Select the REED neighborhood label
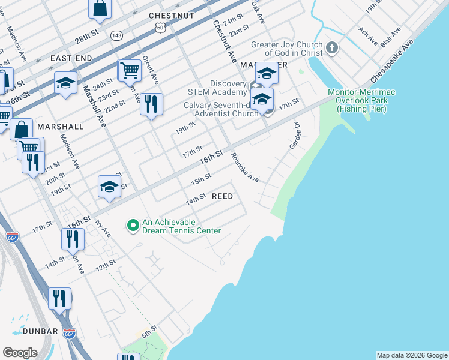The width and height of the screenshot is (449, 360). pyautogui.click(x=221, y=196)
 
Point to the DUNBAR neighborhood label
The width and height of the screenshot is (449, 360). pyautogui.click(x=40, y=331)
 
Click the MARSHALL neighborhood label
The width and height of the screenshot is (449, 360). pyautogui.click(x=60, y=127)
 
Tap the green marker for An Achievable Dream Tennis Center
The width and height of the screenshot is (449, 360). pyautogui.click(x=133, y=226)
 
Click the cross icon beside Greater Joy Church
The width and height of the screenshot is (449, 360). pyautogui.click(x=333, y=47)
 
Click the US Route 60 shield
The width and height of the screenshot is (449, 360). pyautogui.click(x=159, y=28)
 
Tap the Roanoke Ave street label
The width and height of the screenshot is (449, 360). pyautogui.click(x=245, y=167)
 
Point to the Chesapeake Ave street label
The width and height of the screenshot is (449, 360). pyautogui.click(x=393, y=62)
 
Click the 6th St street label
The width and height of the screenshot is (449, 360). pyautogui.click(x=149, y=331)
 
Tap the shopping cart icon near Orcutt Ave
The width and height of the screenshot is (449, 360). pyautogui.click(x=130, y=71)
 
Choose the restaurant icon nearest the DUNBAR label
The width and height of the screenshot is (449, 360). pyautogui.click(x=59, y=298)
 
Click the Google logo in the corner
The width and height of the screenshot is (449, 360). pyautogui.click(x=20, y=353)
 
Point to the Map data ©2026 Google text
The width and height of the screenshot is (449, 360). pyautogui.click(x=412, y=355)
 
